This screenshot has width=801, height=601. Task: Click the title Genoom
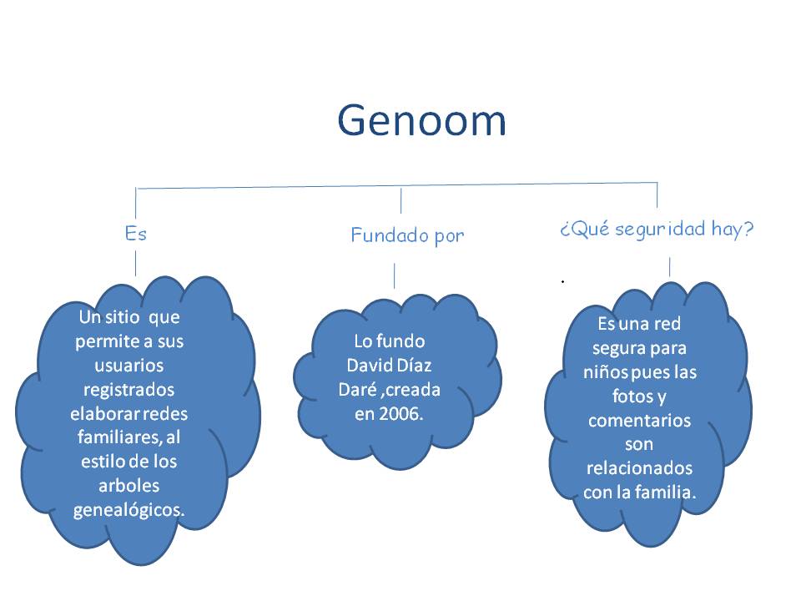421,122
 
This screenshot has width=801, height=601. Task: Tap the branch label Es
135,234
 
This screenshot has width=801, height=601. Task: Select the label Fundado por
407,236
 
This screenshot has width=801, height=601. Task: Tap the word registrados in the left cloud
128,390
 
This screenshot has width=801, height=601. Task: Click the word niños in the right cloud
611,371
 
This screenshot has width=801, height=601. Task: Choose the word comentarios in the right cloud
639,420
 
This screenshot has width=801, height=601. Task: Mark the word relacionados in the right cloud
639,468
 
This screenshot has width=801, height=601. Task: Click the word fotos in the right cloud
616,396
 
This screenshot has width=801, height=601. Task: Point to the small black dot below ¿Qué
563,282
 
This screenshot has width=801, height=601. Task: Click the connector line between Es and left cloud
135,263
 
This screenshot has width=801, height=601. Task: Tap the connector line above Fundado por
401,201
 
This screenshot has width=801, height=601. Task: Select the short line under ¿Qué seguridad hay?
669,266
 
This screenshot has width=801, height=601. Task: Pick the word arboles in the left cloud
129,486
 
